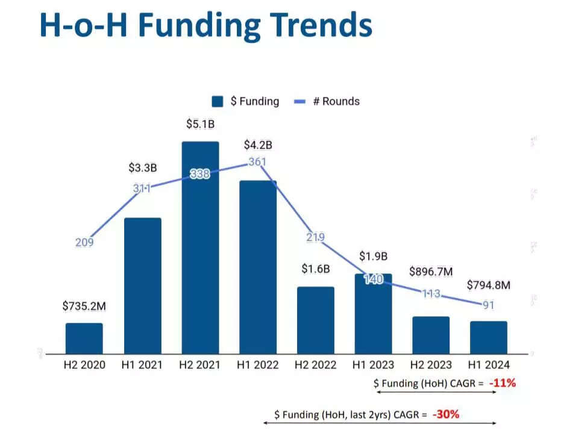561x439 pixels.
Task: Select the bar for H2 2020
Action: click(x=84, y=338)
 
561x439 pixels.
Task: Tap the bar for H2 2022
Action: click(x=316, y=320)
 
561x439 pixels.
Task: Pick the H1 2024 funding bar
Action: click(x=489, y=337)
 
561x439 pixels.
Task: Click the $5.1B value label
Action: click(x=200, y=125)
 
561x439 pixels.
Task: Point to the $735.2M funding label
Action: click(x=84, y=306)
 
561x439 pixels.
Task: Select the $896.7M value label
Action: click(x=431, y=272)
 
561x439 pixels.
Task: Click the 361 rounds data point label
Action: click(x=257, y=162)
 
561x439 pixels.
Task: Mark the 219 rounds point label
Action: click(x=315, y=237)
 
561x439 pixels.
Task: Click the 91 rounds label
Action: click(x=488, y=305)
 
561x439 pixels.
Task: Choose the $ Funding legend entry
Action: click(x=246, y=101)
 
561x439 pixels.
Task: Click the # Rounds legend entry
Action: click(x=327, y=101)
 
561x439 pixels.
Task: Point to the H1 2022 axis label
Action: click(x=257, y=365)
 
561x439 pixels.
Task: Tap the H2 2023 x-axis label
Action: click(x=431, y=365)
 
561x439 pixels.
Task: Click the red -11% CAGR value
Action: click(x=502, y=382)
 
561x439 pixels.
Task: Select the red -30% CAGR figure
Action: click(x=447, y=414)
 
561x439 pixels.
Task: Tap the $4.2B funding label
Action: click(x=258, y=145)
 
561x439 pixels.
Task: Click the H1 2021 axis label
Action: click(x=142, y=365)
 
